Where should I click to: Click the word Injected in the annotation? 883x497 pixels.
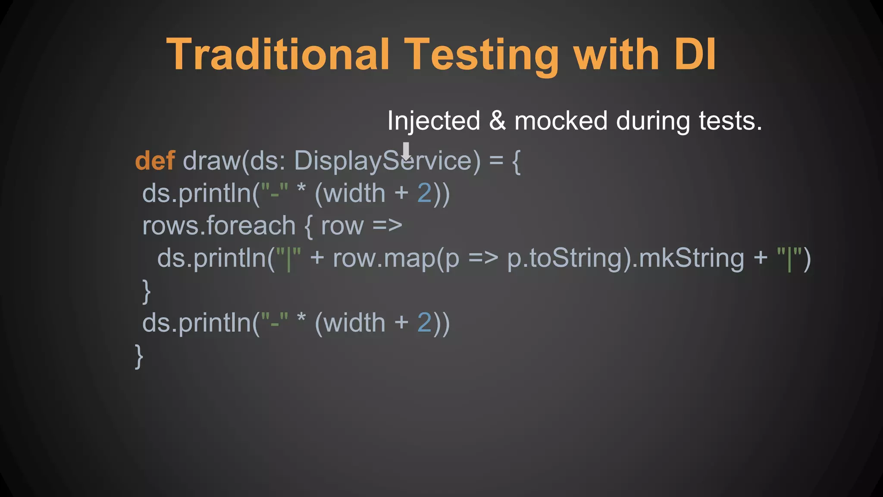tap(433, 121)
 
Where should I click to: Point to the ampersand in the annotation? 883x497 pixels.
tap(497, 121)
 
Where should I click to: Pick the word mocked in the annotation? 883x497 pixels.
tap(561, 121)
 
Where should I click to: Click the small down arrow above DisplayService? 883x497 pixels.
tap(406, 151)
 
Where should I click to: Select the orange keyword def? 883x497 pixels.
tap(155, 160)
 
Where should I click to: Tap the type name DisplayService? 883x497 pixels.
tap(387, 161)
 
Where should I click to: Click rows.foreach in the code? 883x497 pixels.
tap(219, 226)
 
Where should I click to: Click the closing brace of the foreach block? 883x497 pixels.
tap(147, 291)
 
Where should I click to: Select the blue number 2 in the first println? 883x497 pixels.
tap(424, 193)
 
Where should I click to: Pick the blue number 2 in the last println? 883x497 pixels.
tap(424, 323)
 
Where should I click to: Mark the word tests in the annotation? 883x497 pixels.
tap(730, 121)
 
